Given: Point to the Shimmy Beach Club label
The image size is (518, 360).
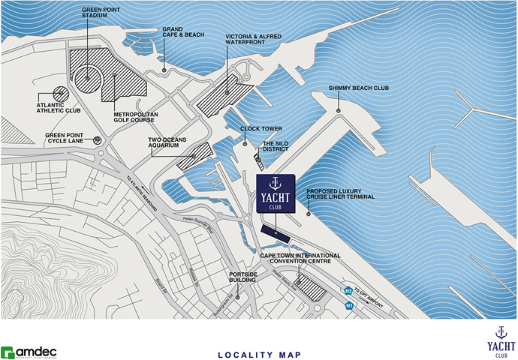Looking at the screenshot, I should [x=358, y=88].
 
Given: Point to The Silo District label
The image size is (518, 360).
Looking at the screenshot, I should [x=278, y=147].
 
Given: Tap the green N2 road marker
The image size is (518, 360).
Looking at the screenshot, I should [x=348, y=290].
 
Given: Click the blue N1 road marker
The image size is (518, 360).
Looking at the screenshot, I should [x=349, y=305].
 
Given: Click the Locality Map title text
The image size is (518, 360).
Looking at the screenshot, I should [x=258, y=353].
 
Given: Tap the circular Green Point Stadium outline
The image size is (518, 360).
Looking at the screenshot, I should [x=89, y=76].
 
